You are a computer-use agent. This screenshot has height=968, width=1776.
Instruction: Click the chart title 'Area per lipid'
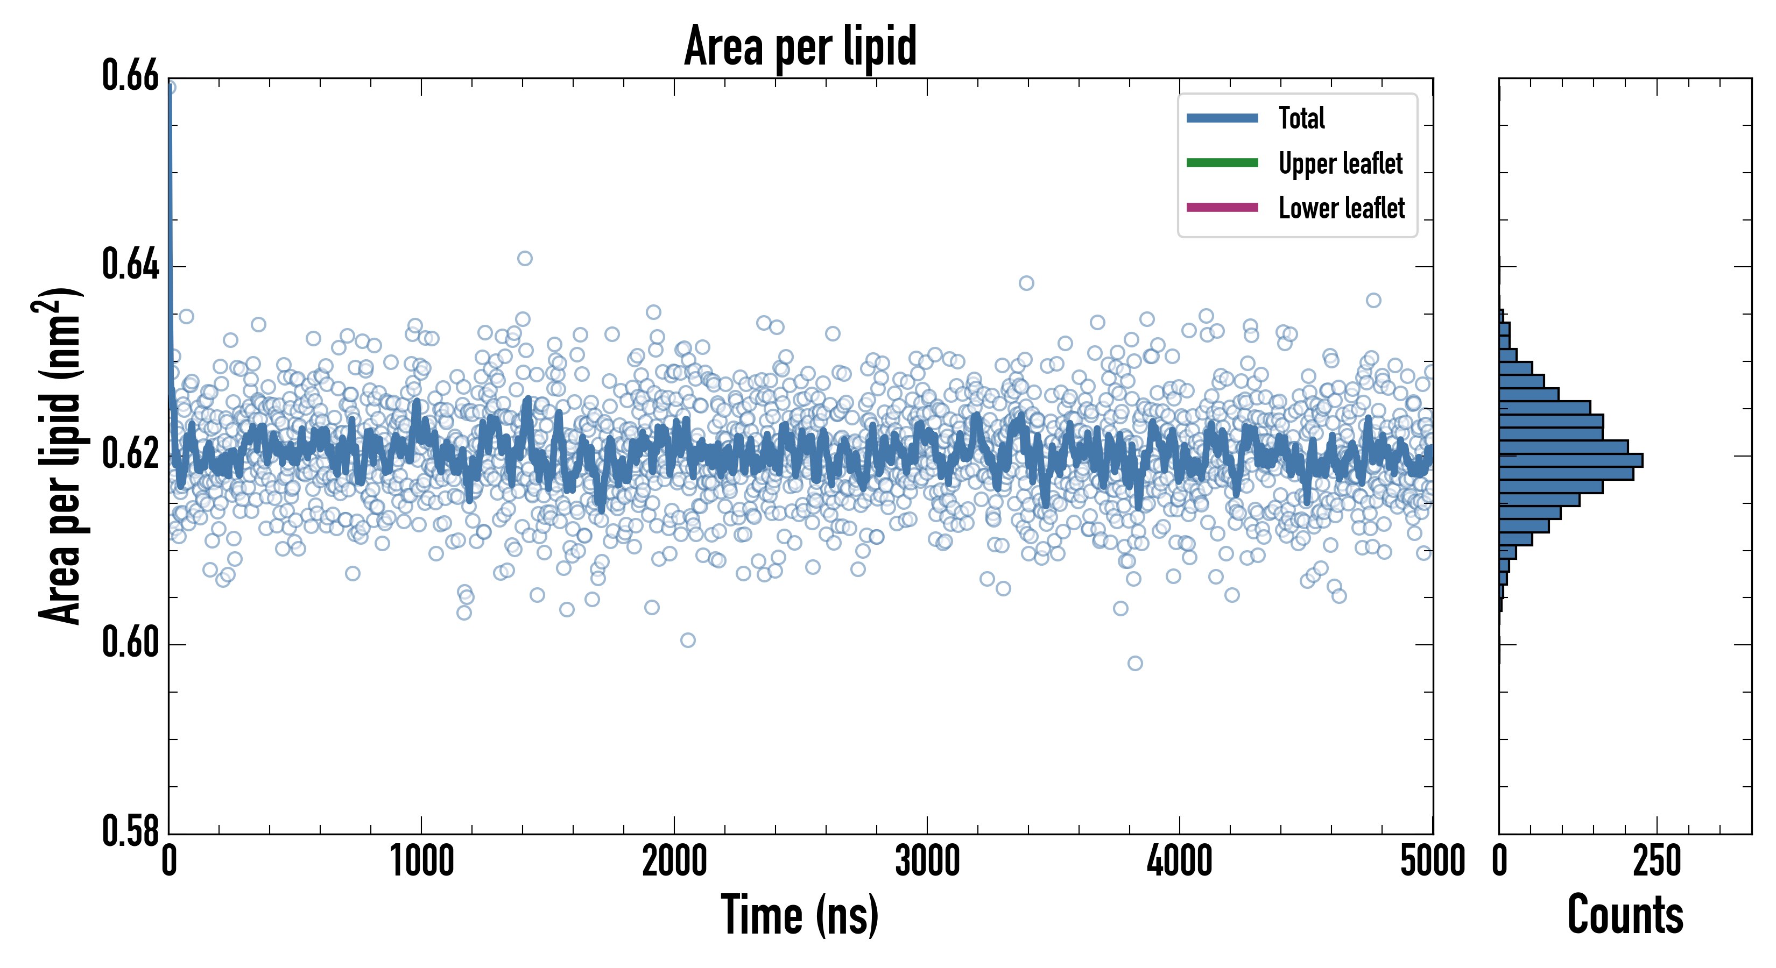800,46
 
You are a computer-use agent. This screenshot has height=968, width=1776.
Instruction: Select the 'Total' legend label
1302,118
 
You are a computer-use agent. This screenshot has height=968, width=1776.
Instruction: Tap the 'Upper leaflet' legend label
1340,163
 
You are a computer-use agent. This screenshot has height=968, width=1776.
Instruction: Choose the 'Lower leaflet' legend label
1341,208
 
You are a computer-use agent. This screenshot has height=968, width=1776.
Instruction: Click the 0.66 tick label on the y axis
130,76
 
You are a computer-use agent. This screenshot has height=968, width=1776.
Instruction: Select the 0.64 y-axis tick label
130,265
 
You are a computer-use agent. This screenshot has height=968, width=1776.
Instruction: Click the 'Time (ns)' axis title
800,915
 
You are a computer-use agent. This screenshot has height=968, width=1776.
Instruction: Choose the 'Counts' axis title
1625,915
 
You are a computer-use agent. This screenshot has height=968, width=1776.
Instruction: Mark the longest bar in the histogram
1570,460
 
